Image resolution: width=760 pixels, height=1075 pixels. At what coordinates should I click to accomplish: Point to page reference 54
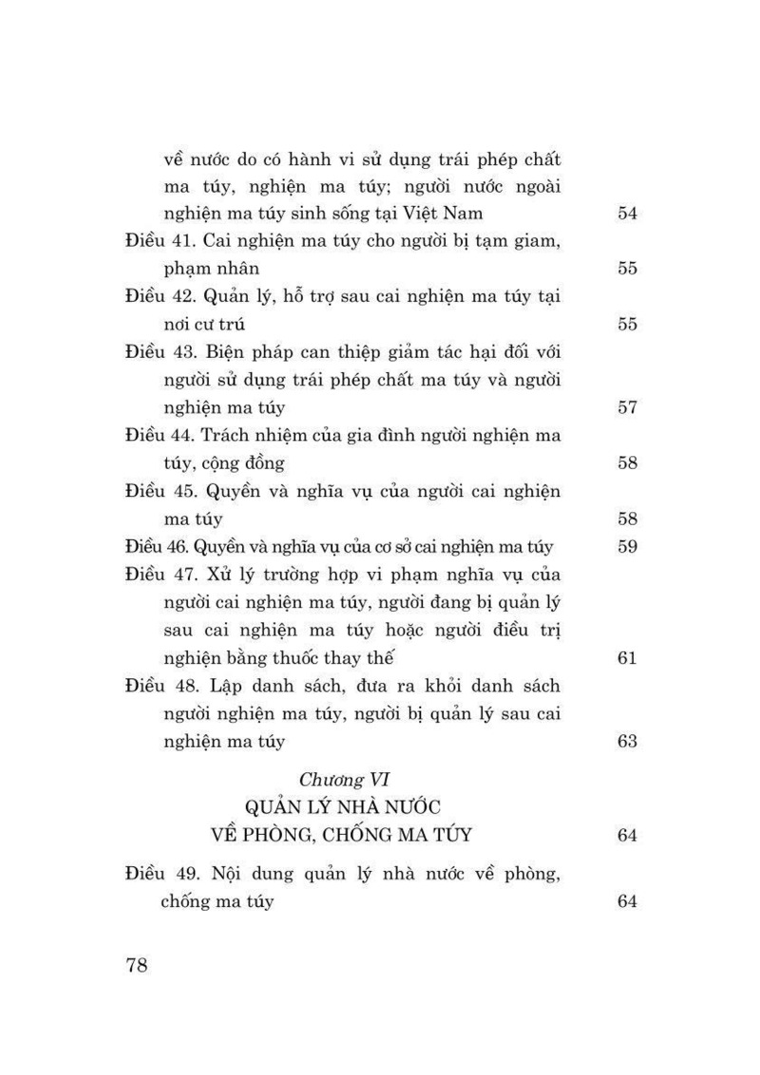pos(626,214)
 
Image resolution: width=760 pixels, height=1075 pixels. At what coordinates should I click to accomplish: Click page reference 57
pos(626,408)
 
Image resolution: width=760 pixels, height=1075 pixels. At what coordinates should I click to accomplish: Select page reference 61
pos(626,657)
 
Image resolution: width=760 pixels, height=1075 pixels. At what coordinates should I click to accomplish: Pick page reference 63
pos(626,741)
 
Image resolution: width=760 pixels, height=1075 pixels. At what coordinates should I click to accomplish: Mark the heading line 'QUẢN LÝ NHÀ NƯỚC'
pos(346,808)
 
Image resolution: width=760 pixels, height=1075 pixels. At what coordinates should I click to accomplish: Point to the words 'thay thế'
pos(359,657)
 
